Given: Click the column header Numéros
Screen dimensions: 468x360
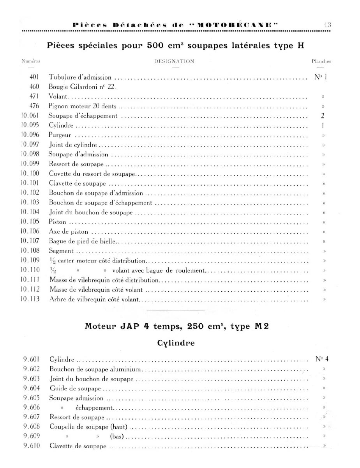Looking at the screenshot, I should coord(31,61).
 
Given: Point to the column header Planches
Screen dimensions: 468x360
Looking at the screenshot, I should coord(321,61).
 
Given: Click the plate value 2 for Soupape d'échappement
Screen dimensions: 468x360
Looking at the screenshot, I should coord(323,116).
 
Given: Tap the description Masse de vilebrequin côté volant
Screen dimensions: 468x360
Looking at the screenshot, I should coord(96,290).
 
